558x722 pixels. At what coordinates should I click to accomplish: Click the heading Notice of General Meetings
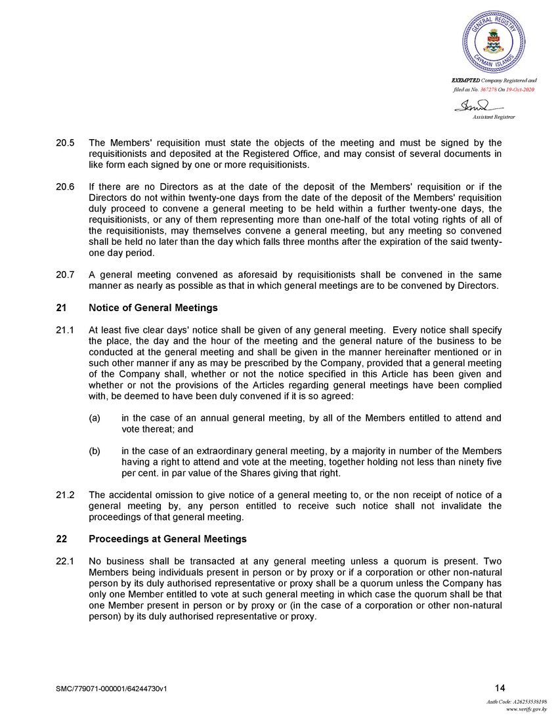coord(153,308)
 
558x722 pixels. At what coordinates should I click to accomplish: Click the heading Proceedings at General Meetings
coord(167,539)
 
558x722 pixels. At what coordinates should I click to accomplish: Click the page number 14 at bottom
coord(500,688)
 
